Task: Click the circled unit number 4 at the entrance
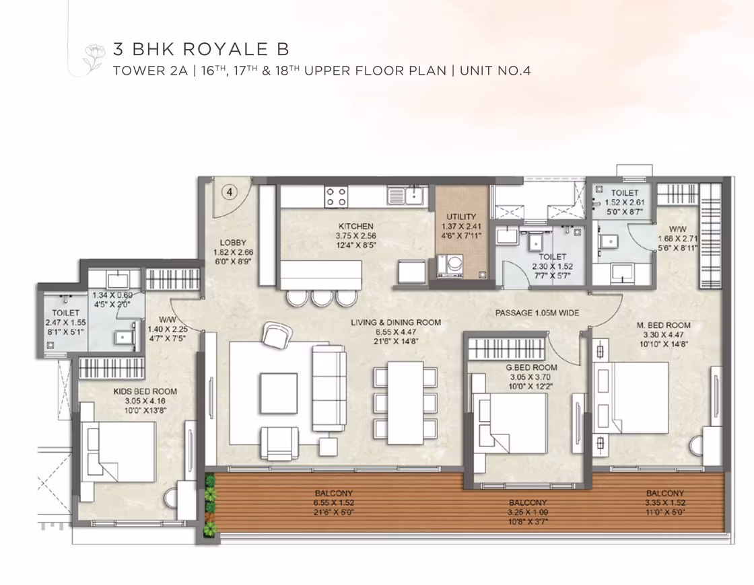[230, 192]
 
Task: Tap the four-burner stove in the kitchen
[336, 196]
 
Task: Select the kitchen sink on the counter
[405, 196]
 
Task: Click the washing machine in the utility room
[450, 266]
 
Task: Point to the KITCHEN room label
[356, 226]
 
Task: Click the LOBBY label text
[233, 243]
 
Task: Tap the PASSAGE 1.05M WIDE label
[537, 313]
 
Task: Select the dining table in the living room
[405, 403]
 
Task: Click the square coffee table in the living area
[279, 393]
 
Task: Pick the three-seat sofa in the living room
[329, 388]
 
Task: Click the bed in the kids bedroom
[118, 452]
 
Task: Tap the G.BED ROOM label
[531, 368]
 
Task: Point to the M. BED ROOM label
[664, 325]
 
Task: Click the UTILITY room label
[461, 217]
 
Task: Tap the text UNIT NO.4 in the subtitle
[495, 71]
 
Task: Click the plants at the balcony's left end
[209, 506]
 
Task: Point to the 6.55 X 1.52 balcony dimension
[334, 503]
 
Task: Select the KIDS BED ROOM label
[145, 391]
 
